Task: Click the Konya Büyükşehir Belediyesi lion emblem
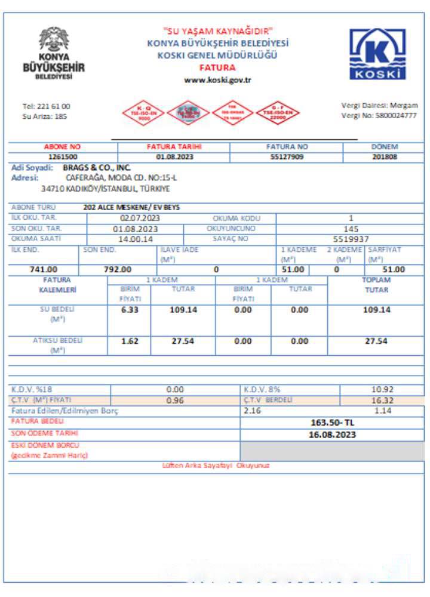click(54, 40)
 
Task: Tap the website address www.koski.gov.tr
click(217, 80)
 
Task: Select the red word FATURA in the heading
click(217, 67)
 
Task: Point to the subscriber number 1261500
click(63, 158)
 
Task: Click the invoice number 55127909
click(287, 158)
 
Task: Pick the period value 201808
click(385, 158)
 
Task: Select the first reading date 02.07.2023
click(140, 219)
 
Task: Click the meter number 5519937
click(351, 239)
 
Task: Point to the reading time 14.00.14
click(136, 239)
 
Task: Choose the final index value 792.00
click(118, 269)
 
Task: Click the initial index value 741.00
click(44, 269)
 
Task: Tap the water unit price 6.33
click(130, 310)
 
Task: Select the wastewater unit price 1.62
click(130, 341)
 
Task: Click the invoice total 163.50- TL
click(332, 423)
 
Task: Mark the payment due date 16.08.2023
click(332, 434)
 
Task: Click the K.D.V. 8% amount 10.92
click(380, 389)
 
